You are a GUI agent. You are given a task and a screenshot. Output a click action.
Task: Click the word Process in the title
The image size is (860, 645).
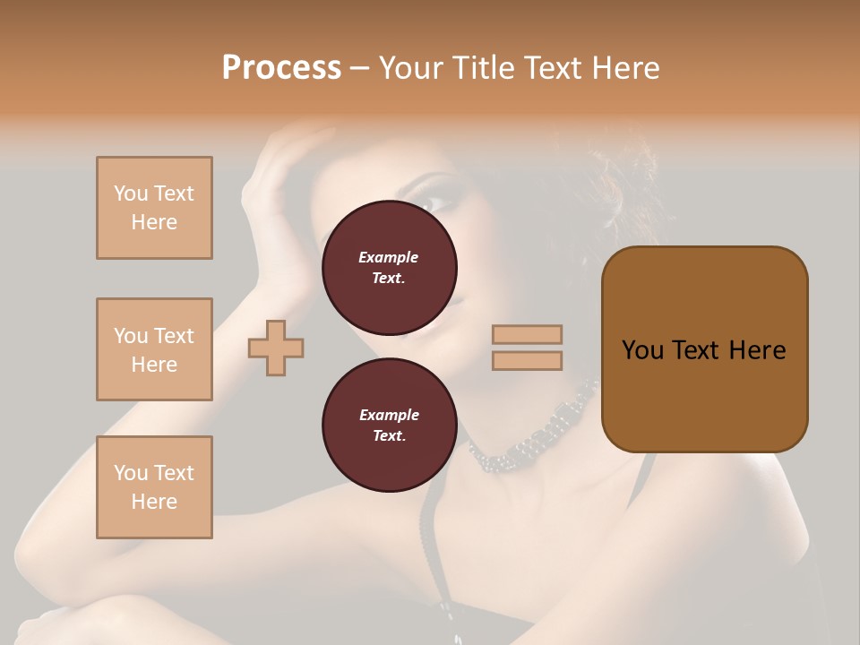click(x=281, y=68)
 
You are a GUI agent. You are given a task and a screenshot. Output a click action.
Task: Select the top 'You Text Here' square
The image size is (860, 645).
click(x=154, y=208)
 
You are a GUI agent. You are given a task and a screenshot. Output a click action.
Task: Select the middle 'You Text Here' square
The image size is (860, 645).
click(x=154, y=349)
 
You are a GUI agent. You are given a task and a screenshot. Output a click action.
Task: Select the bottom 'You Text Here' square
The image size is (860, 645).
click(x=154, y=487)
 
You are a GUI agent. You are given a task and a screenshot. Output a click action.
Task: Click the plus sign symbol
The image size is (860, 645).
click(x=276, y=347)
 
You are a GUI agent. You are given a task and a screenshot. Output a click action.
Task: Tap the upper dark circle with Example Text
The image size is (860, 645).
click(x=389, y=268)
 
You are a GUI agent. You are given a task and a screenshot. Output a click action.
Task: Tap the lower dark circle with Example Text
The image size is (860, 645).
click(x=389, y=426)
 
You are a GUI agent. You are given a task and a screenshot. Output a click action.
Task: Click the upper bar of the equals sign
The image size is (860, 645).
click(x=527, y=334)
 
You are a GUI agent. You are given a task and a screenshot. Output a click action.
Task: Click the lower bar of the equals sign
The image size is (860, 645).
click(x=527, y=360)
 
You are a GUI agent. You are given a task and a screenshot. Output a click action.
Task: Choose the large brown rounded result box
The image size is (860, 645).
click(x=704, y=394)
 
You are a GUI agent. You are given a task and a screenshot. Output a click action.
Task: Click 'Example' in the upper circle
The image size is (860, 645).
click(x=389, y=257)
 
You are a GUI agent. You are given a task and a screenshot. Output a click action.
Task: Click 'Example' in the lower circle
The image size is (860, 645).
click(x=389, y=415)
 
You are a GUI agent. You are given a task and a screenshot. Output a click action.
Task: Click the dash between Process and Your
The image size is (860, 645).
click(x=360, y=69)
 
